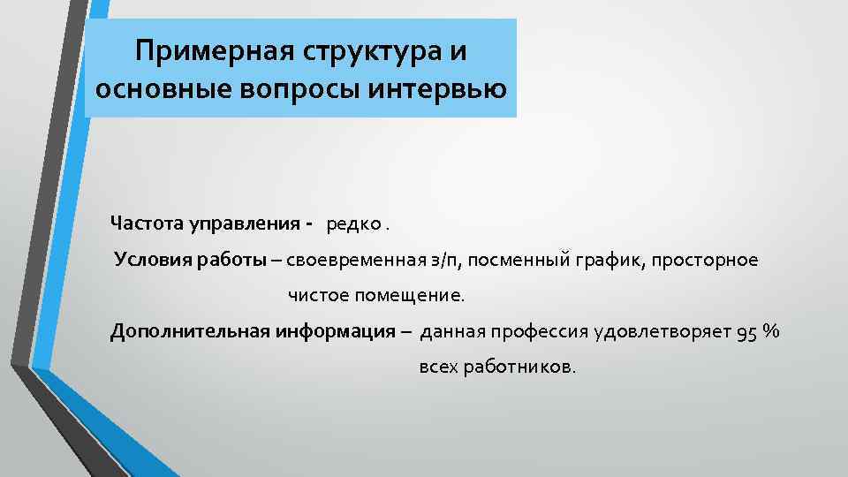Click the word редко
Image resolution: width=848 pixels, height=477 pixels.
[353, 223]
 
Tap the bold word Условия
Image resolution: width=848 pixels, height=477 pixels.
[149, 261]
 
